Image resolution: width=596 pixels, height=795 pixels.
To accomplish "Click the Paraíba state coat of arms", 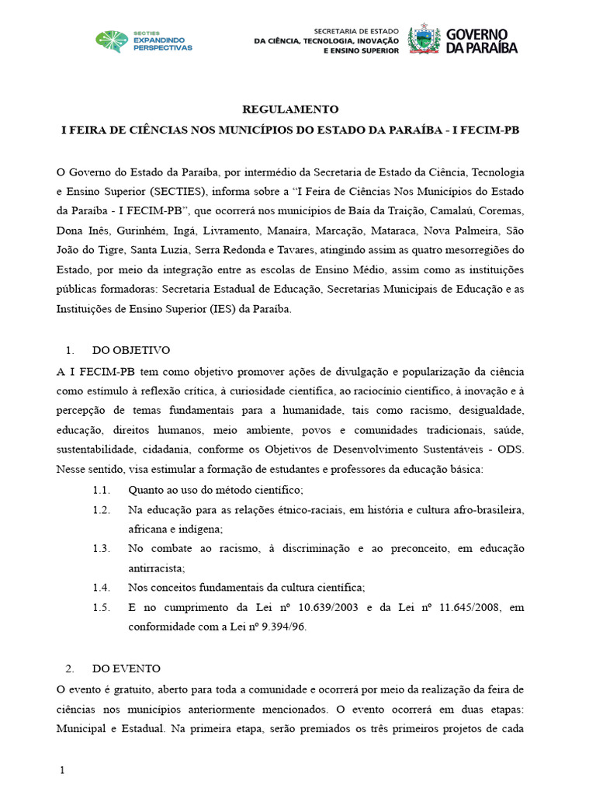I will point(424,39).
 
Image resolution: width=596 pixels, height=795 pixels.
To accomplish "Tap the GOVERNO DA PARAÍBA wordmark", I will point(482,40).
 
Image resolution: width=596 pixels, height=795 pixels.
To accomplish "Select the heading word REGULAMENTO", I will point(290,109).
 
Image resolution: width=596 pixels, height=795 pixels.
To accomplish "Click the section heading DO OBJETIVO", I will point(130,350).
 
